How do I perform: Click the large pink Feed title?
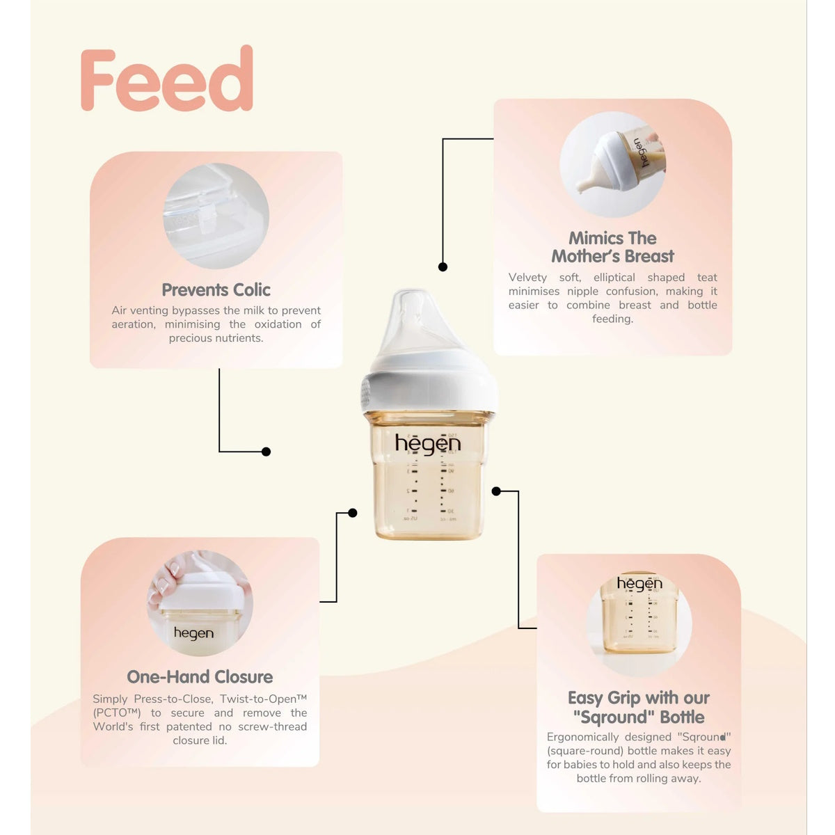(167, 78)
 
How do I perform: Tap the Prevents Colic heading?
(216, 290)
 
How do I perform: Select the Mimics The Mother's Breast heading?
(612, 247)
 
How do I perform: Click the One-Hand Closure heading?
(200, 676)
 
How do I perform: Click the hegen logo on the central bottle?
(428, 444)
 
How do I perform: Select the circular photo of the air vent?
(216, 216)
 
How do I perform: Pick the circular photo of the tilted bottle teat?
(612, 164)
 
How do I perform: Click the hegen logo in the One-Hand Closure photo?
(193, 633)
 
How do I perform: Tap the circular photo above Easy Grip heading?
(639, 624)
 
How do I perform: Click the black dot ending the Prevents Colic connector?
(266, 452)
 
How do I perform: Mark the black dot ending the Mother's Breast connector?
(443, 267)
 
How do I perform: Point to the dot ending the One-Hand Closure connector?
(352, 513)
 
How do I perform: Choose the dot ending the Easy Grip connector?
(496, 491)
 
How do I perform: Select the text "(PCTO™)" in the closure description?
(117, 713)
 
